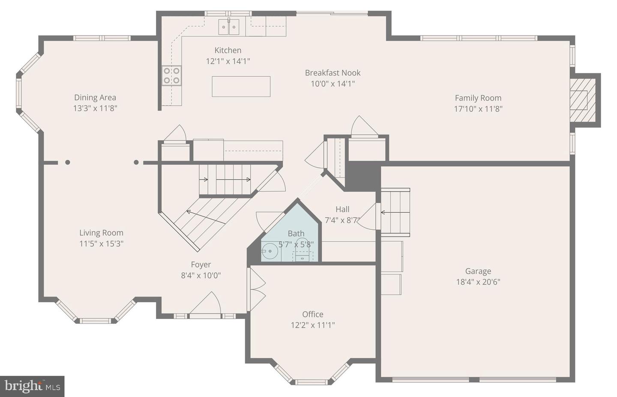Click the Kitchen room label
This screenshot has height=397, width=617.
228,50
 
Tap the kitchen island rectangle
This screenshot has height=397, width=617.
241,86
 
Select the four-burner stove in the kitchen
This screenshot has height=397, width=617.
171,75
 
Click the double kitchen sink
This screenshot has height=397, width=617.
229,27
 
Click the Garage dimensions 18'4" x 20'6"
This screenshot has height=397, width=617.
478,282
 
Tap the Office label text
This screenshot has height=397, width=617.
312,314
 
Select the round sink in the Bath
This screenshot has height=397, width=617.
270,251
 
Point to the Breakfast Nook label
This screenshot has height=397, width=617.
332,73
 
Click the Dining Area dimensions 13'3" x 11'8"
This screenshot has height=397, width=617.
95,108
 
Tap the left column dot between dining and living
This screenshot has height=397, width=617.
67,162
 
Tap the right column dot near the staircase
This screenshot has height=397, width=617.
136,162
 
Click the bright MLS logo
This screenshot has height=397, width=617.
32,386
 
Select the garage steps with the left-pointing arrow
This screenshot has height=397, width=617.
395,212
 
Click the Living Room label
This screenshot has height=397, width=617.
101,233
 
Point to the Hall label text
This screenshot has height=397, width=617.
342,209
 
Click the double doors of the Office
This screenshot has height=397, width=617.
257,289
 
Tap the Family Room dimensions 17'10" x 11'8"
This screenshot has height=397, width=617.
478,109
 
